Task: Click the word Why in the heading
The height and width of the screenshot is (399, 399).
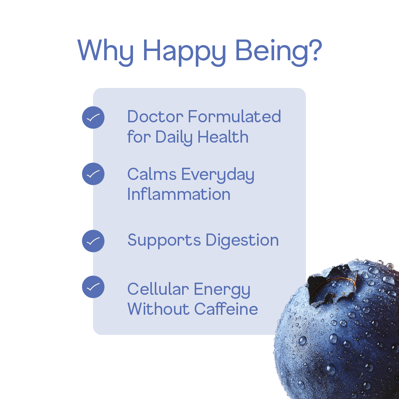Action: pos(106,51)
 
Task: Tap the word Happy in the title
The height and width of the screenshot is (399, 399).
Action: pos(184,51)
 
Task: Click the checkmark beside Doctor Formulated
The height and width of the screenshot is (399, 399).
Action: pos(93,117)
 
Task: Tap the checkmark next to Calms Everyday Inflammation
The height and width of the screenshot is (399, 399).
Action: pos(93,174)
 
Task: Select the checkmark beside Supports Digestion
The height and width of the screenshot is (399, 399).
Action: pos(93,241)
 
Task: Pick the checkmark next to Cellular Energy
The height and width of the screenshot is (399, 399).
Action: pos(93,287)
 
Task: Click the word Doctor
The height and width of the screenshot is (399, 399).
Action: pos(155,117)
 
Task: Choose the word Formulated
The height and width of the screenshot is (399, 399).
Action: pos(235,117)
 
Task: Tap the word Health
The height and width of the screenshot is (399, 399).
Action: pos(223,137)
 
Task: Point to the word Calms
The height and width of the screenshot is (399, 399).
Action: pos(152,174)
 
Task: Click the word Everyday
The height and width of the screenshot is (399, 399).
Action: pos(218,175)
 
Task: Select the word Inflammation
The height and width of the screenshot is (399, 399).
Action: pos(179,194)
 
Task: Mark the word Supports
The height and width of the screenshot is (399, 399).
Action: pos(164,241)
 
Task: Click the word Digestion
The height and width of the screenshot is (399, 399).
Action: pos(242,241)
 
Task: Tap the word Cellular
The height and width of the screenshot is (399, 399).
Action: pos(158,289)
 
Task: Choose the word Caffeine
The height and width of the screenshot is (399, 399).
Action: pos(226,309)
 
